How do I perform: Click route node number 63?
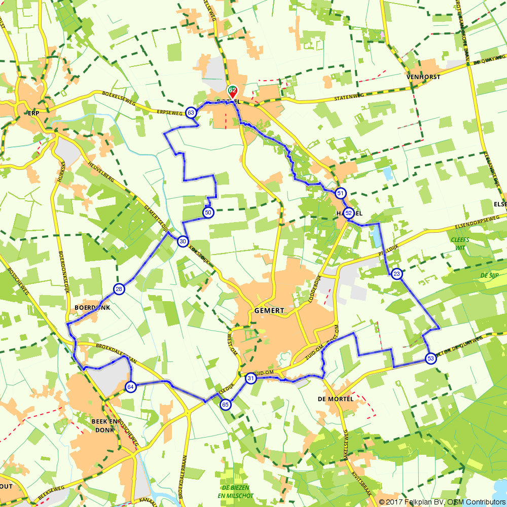[x=191, y=113]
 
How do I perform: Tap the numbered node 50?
[x=208, y=212]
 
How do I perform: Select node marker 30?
[x=183, y=242]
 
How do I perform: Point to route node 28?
[x=119, y=289]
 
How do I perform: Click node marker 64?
[x=130, y=387]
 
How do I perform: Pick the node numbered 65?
[x=226, y=404]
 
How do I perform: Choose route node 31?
[x=250, y=378]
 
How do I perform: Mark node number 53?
[x=430, y=358]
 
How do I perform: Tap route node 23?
[x=396, y=274]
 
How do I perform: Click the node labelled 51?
[x=340, y=193]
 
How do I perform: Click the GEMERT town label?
[x=270, y=310]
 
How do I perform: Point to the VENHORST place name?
[x=423, y=77]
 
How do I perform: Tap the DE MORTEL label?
[x=335, y=399]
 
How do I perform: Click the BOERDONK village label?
[x=92, y=307]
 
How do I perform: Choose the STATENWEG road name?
[x=350, y=96]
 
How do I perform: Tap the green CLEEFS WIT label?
[x=460, y=243]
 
